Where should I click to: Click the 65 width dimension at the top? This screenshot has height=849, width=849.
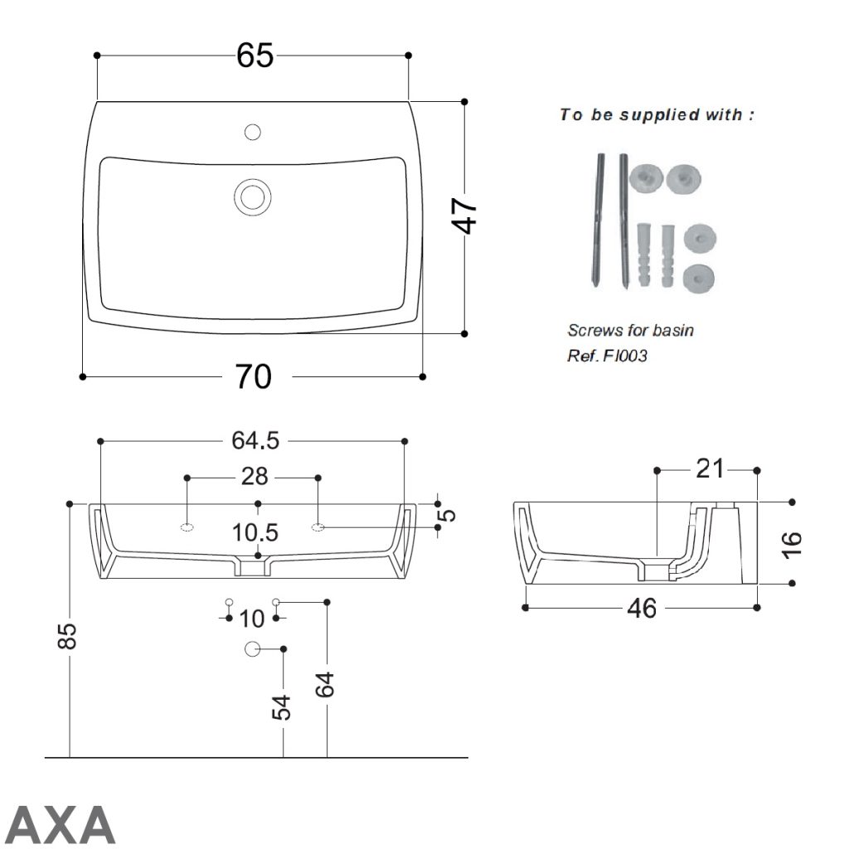tap(254, 56)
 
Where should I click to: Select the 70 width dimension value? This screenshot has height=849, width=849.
tap(253, 377)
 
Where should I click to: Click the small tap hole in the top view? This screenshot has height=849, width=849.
tap(253, 132)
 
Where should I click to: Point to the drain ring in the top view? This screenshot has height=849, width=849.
tap(251, 196)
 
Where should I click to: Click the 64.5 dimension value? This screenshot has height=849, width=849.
tap(254, 440)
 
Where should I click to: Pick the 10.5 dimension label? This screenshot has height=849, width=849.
tap(256, 532)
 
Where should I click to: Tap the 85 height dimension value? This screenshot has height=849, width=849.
tap(70, 636)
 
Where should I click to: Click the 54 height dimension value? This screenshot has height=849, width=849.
tap(284, 707)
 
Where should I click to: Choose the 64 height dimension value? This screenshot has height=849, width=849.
tap(326, 684)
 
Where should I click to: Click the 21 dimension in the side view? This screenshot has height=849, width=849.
tap(709, 470)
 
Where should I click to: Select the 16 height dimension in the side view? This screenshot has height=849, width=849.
tap(792, 543)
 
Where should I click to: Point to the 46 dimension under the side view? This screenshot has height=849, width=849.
tap(642, 608)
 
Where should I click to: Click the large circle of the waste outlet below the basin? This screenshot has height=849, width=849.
tap(253, 648)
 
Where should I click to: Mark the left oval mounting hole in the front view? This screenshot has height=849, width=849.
tap(187, 526)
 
